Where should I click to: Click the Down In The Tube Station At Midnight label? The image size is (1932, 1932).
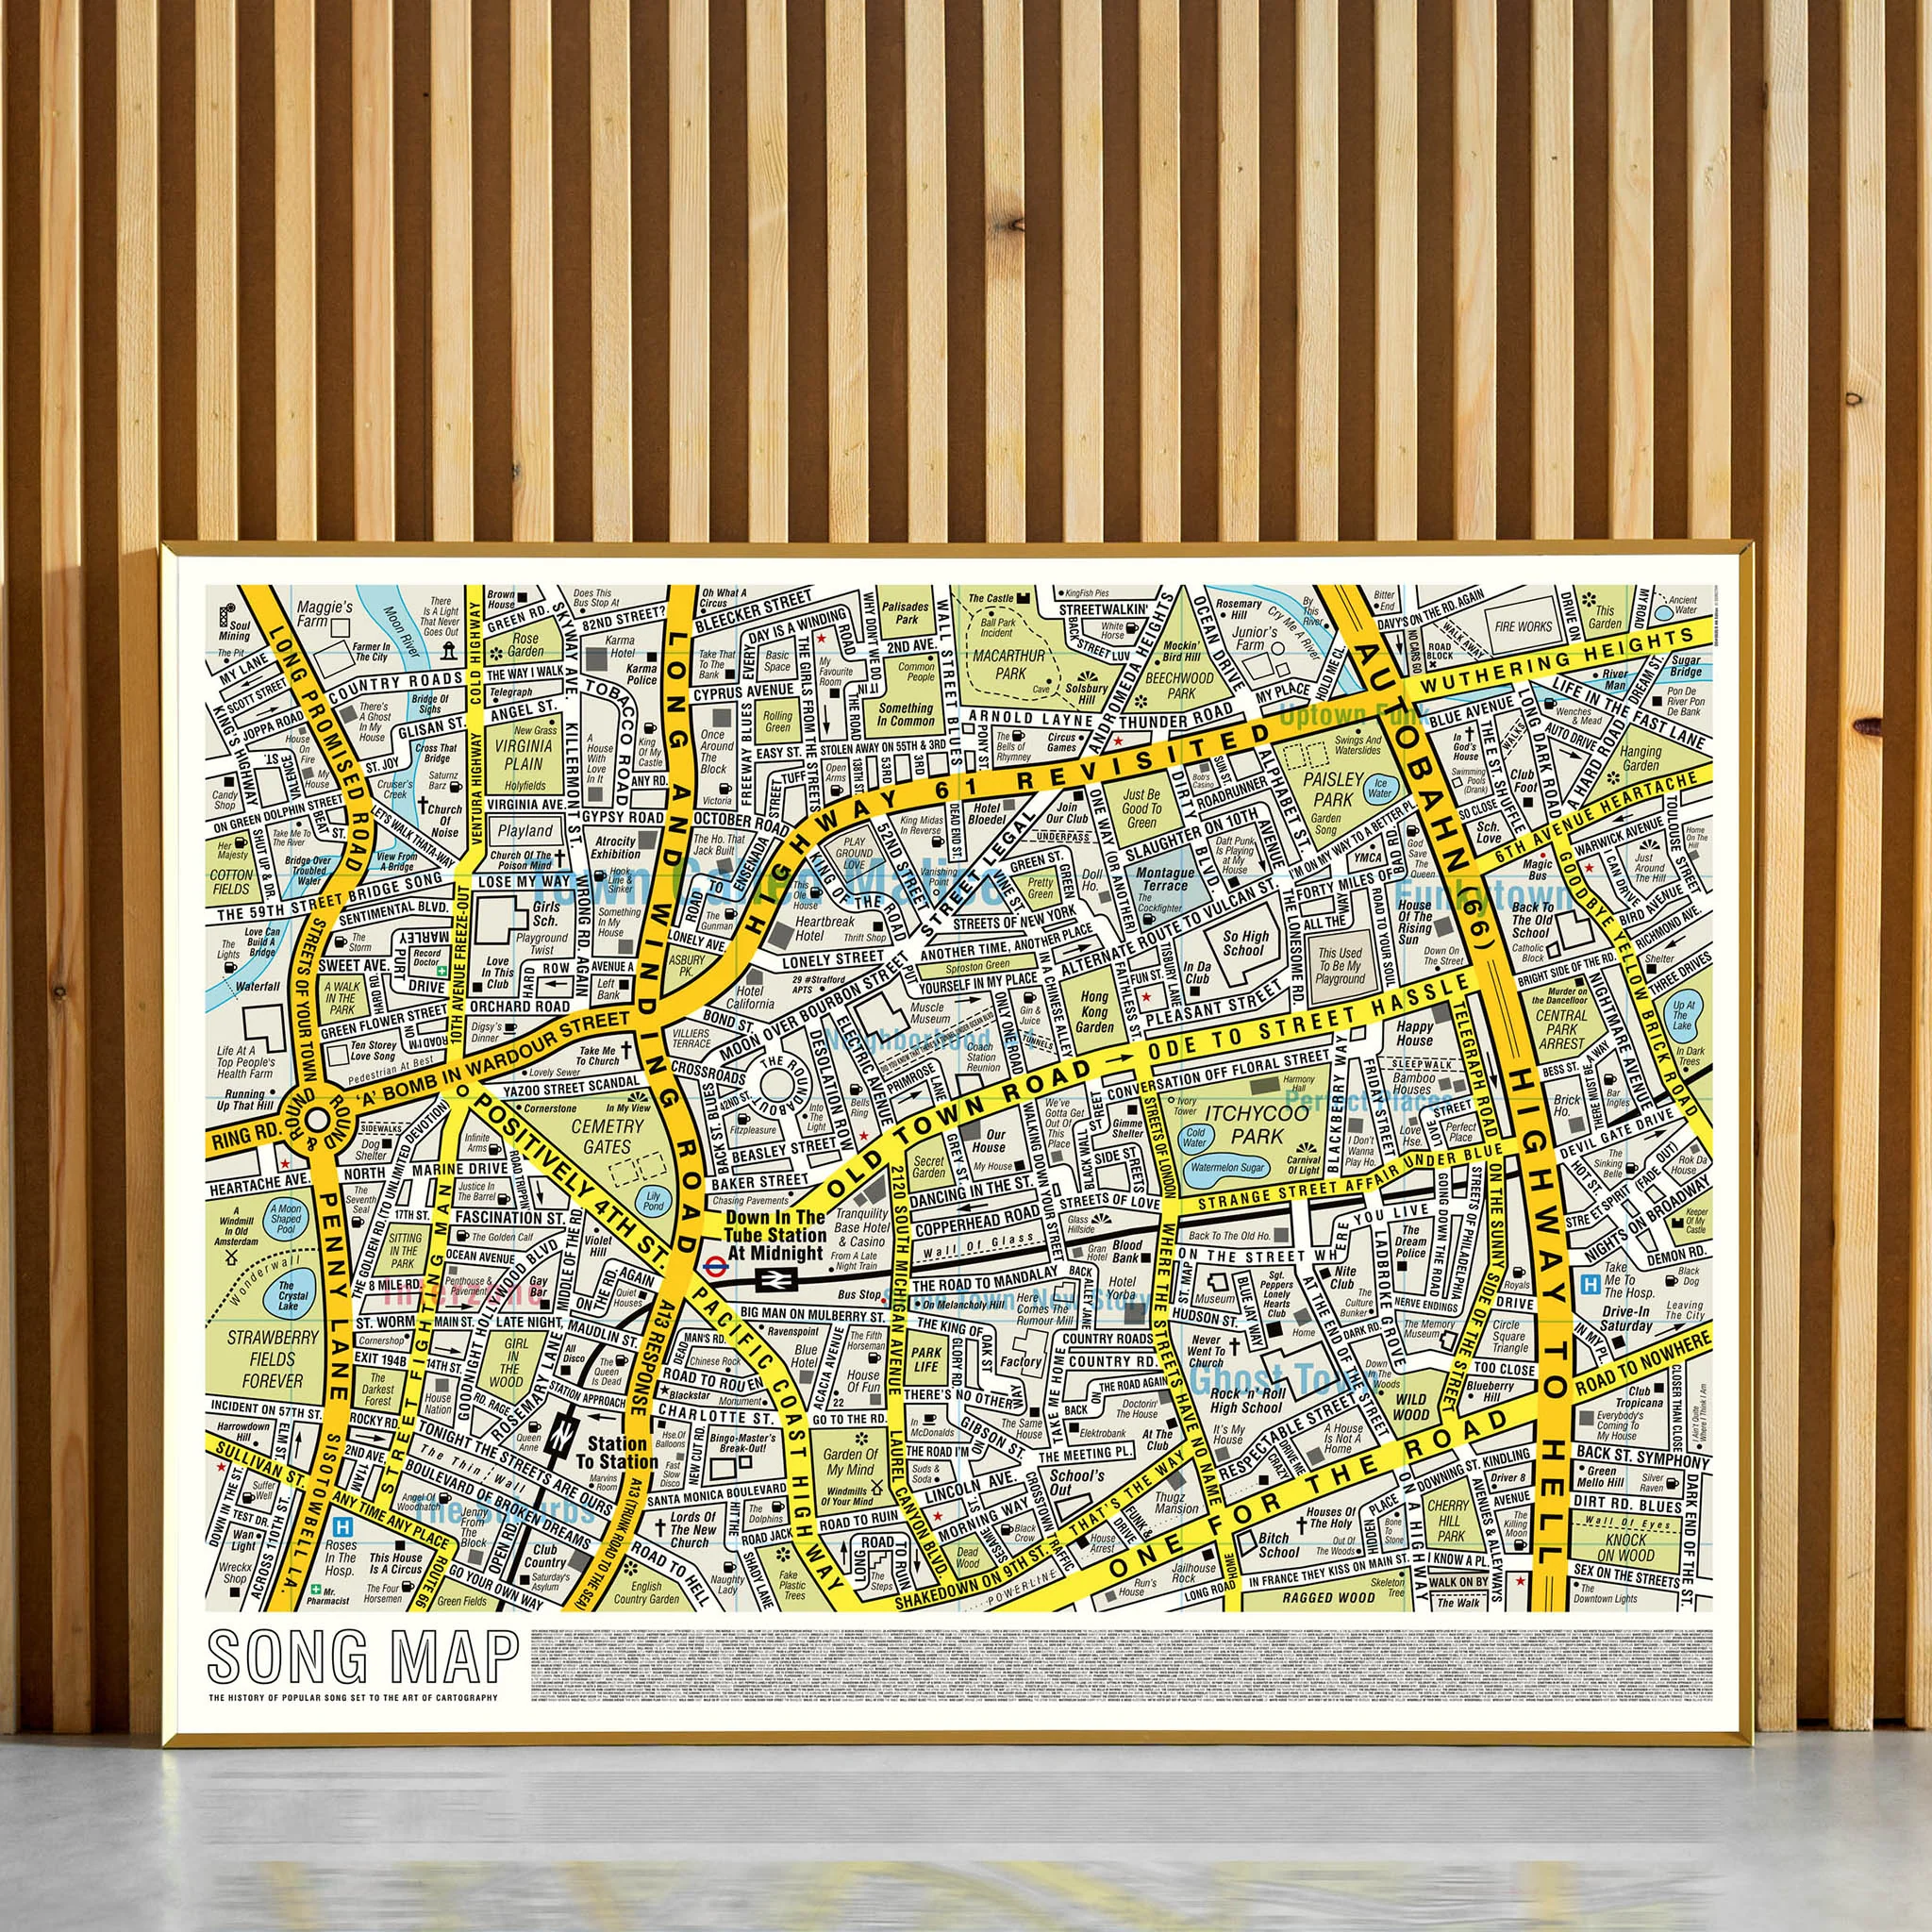776,1235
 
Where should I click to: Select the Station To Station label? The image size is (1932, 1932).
617,1453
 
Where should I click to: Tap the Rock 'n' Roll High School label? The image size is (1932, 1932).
1246,1400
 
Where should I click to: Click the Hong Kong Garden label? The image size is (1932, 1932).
1095,1012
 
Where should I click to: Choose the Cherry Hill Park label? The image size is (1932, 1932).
1448,1521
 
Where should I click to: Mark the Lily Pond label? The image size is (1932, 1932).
654,1201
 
